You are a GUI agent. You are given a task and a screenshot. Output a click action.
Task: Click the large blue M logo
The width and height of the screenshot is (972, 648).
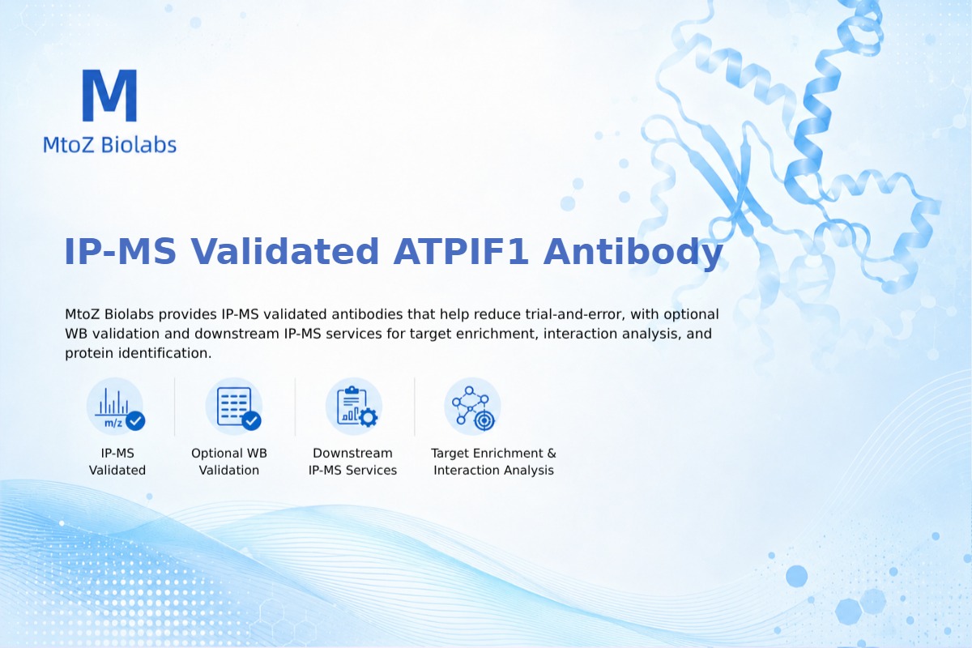[x=110, y=95]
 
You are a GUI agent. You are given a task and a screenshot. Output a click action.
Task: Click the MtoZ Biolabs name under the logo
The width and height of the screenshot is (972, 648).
[x=110, y=144]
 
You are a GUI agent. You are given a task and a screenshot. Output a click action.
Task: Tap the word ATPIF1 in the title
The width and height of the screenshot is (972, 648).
[x=460, y=251]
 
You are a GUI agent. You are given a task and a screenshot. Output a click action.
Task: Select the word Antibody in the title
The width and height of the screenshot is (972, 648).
[x=633, y=253]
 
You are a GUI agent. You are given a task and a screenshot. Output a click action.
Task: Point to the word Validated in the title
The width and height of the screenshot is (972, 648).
[x=284, y=251]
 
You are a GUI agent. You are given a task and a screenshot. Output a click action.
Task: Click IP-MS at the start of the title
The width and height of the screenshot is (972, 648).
[x=120, y=251]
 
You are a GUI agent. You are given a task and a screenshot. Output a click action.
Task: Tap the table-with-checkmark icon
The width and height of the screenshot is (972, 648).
[x=235, y=407]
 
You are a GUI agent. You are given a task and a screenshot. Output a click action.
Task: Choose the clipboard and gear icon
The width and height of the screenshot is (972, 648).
[x=354, y=407]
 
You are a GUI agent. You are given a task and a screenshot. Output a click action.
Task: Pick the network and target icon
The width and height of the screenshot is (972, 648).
[x=473, y=407]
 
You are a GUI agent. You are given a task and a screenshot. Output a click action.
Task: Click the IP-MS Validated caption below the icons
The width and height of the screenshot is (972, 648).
[x=117, y=462]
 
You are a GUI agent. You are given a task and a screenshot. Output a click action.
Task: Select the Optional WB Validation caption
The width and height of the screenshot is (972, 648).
[x=229, y=462]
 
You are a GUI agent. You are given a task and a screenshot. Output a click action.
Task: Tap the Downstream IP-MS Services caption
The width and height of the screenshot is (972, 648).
[x=353, y=462]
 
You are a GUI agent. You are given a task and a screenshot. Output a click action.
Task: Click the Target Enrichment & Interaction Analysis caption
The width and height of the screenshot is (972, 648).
[x=494, y=462]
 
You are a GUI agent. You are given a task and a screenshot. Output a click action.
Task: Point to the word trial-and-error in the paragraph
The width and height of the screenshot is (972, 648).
[x=575, y=313]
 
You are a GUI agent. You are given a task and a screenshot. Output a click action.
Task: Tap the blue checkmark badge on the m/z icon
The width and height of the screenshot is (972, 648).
[x=135, y=420]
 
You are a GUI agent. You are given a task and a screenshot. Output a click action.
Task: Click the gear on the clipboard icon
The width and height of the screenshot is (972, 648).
[x=369, y=417]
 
